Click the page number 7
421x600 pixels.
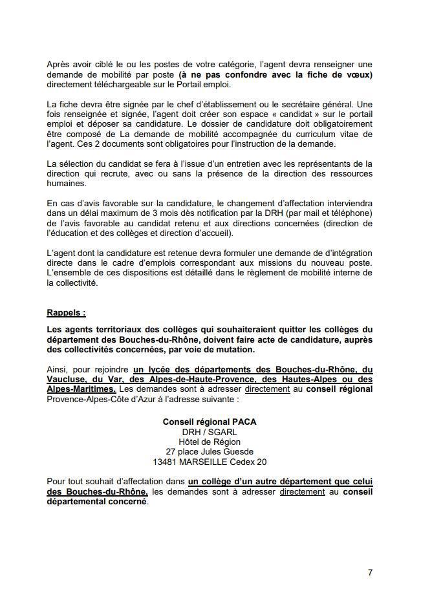coord(370,572)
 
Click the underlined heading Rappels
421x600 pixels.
coord(66,312)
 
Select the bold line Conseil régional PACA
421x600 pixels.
coord(210,422)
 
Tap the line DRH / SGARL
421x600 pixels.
coord(210,432)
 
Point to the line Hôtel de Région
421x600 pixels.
coord(210,442)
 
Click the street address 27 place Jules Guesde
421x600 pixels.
coord(210,452)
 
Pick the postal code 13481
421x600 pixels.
coord(166,462)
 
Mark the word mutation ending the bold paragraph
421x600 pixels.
coord(235,349)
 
